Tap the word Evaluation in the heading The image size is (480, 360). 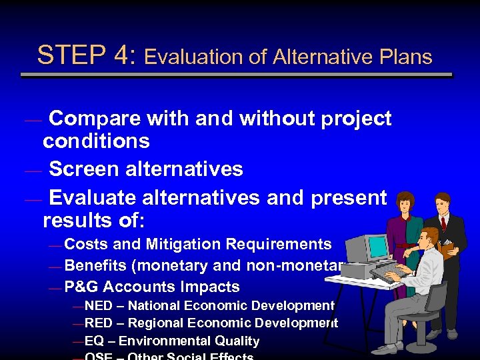(193, 57)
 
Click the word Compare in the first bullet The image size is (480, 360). (94, 119)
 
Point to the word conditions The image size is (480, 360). (96, 141)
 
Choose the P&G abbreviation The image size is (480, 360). (82, 287)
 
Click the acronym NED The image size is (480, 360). (99, 306)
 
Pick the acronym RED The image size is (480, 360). (99, 323)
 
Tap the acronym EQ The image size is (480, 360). (94, 341)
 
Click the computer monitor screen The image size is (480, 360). (378, 247)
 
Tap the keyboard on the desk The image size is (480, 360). (390, 273)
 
